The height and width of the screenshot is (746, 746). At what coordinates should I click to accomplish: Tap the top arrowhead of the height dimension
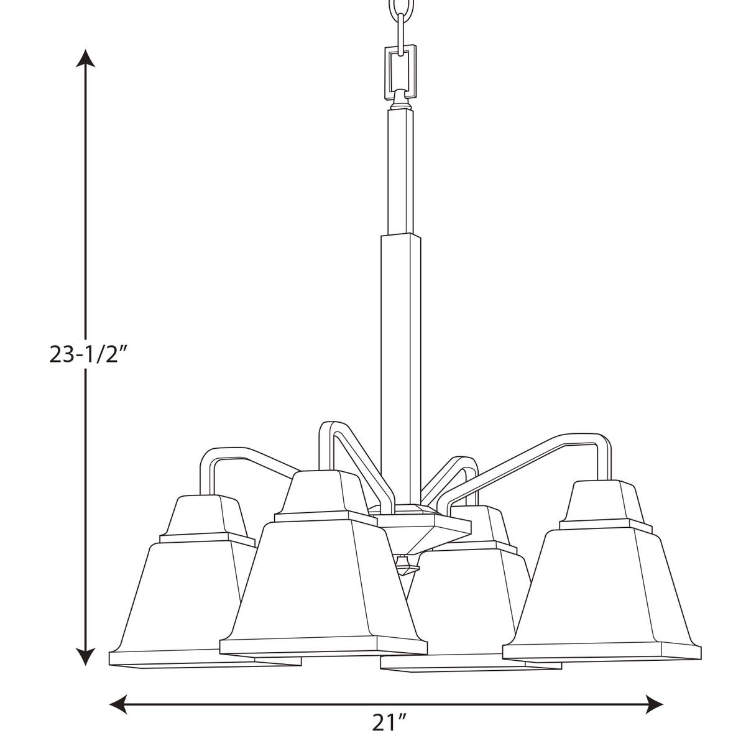click(85, 58)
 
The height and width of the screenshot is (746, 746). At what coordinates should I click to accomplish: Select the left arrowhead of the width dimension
click(119, 693)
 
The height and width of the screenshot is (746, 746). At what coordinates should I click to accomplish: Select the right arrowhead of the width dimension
click(654, 693)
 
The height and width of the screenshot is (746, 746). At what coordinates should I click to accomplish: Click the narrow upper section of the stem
click(400, 172)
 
